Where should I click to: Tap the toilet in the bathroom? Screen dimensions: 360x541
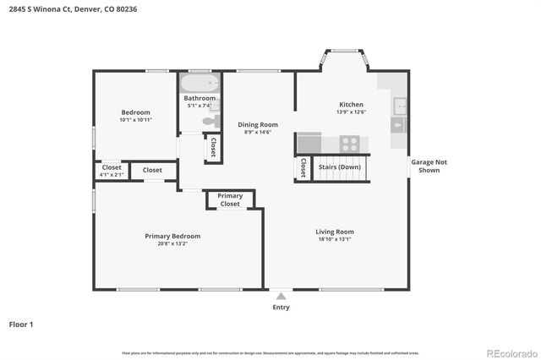coord(207,123)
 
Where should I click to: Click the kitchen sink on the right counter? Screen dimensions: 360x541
coord(399,106)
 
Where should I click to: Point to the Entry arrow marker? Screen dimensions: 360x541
coord(281,296)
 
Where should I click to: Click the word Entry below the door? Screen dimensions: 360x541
coord(281,307)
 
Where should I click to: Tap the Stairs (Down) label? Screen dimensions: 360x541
coord(340,167)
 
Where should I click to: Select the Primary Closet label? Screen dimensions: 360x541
coord(230,199)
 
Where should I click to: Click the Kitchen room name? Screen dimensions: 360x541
coord(350,104)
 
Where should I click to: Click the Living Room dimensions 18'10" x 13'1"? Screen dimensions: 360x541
coord(335,239)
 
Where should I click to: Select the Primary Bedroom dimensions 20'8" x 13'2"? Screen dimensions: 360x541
coord(172,243)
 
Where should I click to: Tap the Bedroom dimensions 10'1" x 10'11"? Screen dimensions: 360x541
coord(135,120)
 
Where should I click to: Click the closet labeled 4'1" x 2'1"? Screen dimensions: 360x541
coord(112,171)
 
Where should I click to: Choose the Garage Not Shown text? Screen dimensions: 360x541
coord(424,166)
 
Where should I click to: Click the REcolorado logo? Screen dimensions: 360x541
coord(510,352)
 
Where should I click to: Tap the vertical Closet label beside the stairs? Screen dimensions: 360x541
coord(303,168)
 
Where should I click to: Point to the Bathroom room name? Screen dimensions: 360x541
coord(200,99)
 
